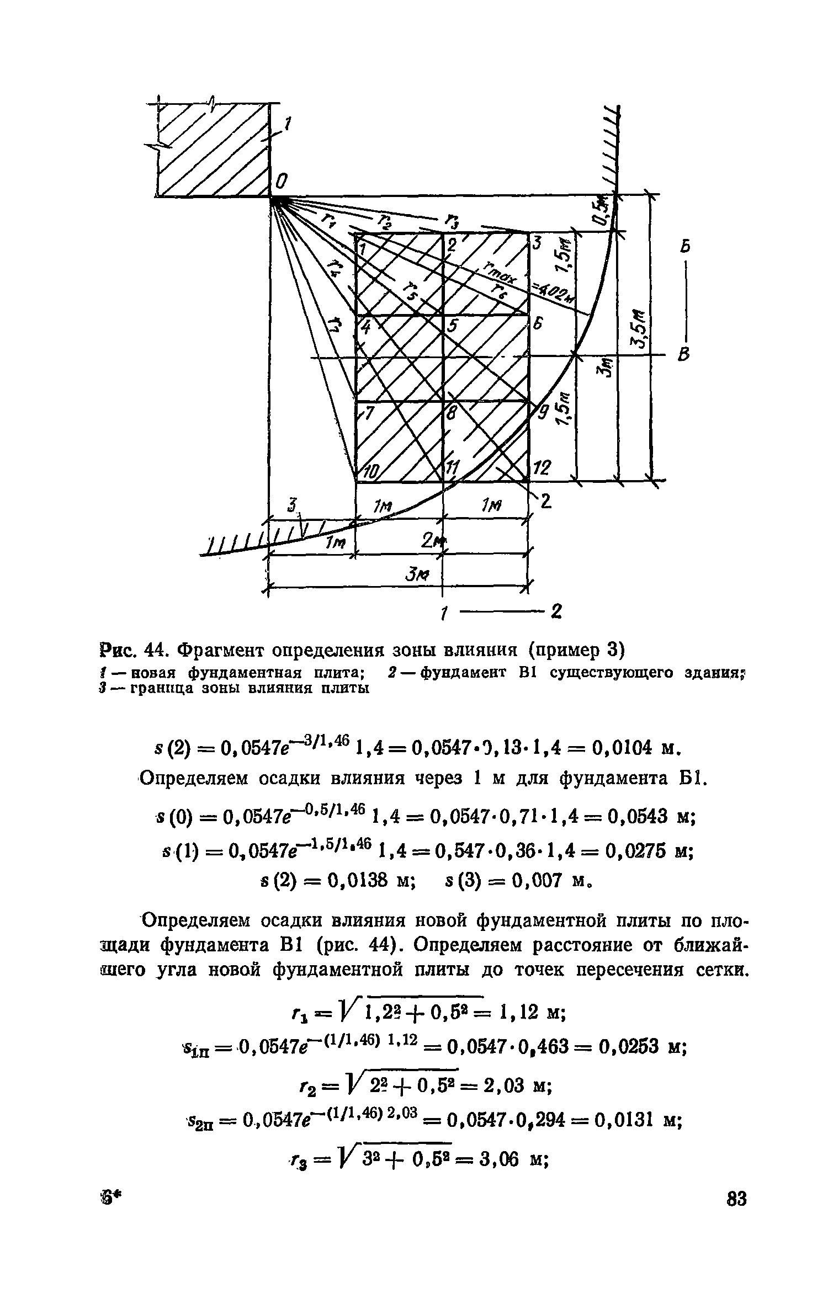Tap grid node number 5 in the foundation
click(453, 327)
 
